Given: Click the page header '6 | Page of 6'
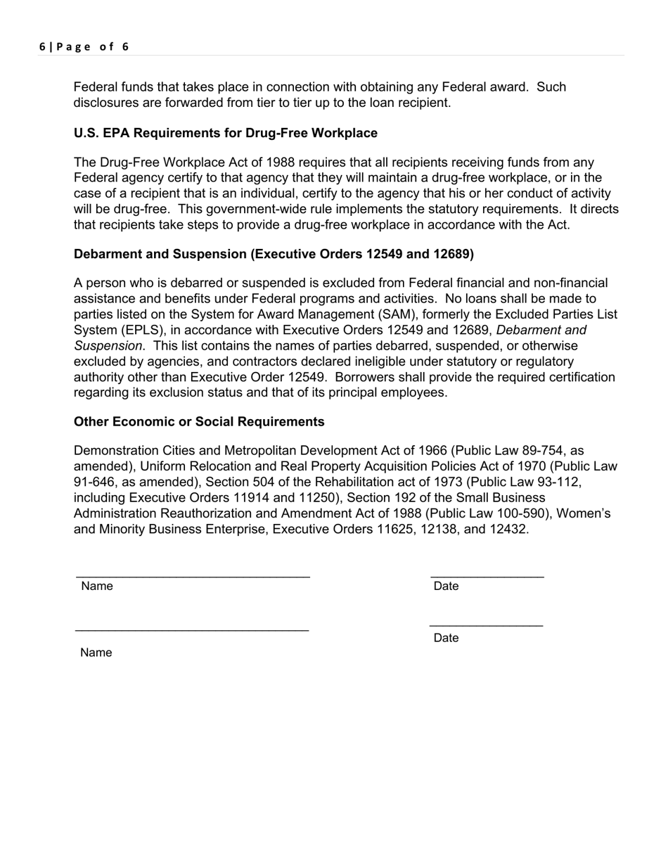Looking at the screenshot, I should coord(84,47).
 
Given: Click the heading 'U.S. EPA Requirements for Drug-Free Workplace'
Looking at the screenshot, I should coord(225,133).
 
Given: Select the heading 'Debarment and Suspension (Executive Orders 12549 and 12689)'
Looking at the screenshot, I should coord(274,253).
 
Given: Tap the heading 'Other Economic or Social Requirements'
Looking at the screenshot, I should coord(199,421).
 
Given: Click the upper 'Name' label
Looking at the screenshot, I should coord(96,587).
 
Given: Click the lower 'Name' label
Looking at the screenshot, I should coord(96,653).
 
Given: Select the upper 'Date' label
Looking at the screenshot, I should coord(446,587).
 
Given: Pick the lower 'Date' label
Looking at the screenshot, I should coord(446,638).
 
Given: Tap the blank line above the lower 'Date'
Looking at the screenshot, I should coord(486,625).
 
